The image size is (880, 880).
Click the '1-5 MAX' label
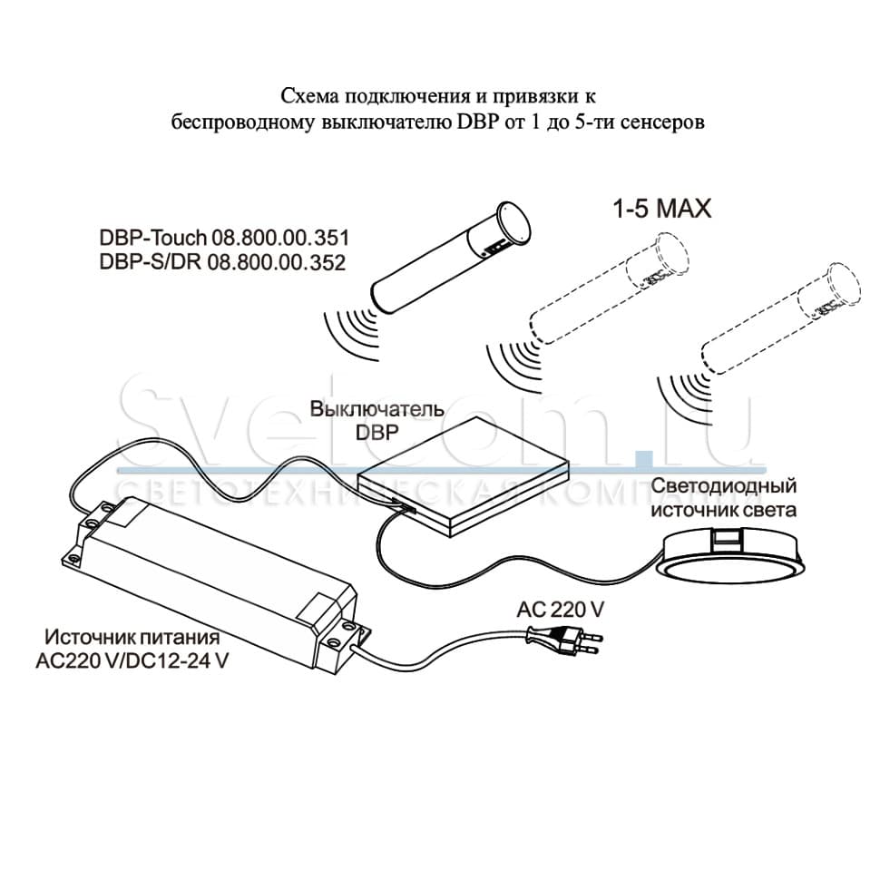[x=661, y=209]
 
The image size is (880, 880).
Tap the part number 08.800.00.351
[x=280, y=238]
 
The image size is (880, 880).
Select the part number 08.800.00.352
[x=277, y=263]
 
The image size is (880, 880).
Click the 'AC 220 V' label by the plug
[x=560, y=610]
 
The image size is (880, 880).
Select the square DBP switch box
[x=464, y=477]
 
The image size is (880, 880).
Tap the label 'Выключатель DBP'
[x=377, y=420]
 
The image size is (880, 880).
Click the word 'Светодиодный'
[x=723, y=485]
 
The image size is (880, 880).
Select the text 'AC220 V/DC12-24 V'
[x=132, y=660]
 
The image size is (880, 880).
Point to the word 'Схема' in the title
[x=309, y=96]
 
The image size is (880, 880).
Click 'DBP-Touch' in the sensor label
[x=152, y=238]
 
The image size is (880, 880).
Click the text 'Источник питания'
[x=132, y=637]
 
